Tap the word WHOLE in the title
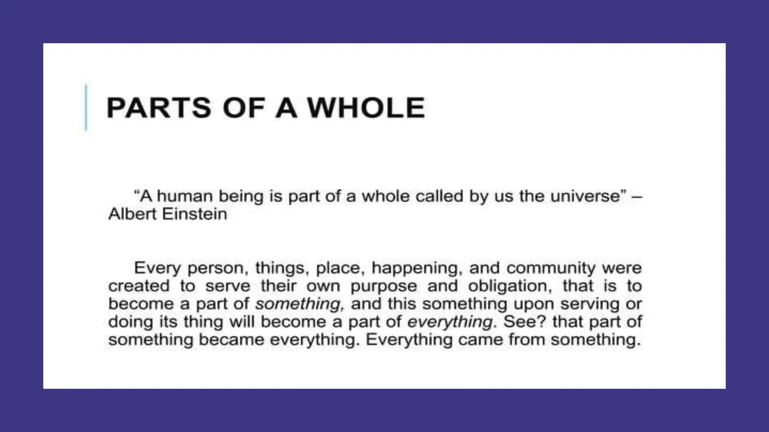[366, 108]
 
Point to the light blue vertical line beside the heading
[86, 108]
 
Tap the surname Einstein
[195, 214]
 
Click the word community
[551, 268]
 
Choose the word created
[139, 286]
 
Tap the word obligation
[510, 286]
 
